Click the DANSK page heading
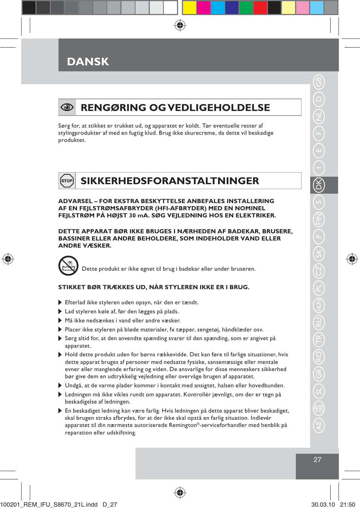(x=88, y=62)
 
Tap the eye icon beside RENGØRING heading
(x=67, y=107)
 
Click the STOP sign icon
(x=67, y=181)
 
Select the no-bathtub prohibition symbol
(x=68, y=266)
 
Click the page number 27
(x=317, y=460)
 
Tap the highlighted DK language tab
(x=319, y=185)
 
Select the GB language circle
(x=319, y=82)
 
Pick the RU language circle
(x=319, y=322)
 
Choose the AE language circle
(x=319, y=425)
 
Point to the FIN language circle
(x=319, y=219)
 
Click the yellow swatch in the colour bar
(x=189, y=8)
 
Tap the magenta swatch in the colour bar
(x=204, y=8)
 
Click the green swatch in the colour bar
(x=246, y=8)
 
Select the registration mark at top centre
(x=180, y=25)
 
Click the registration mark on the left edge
(x=8, y=259)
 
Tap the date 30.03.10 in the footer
(x=323, y=504)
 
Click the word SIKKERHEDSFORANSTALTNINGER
(x=170, y=181)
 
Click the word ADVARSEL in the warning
(x=75, y=201)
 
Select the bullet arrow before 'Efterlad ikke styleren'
(x=60, y=302)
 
